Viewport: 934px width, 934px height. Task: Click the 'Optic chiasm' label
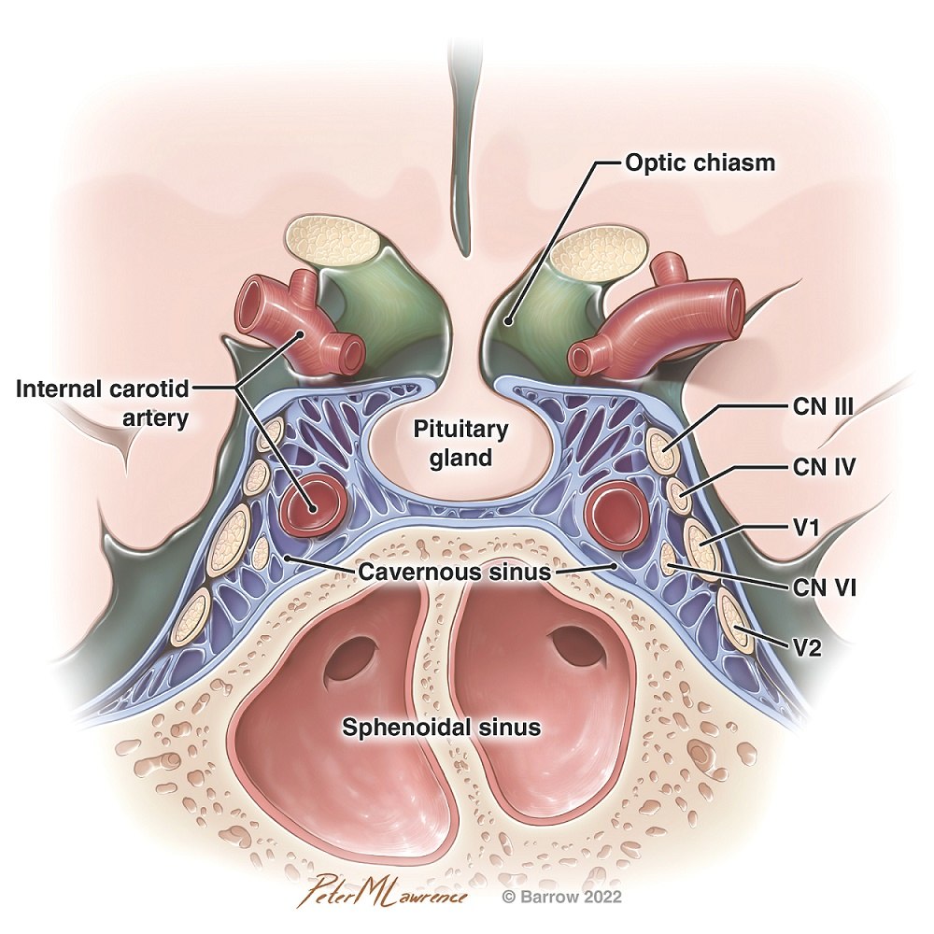coord(700,163)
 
